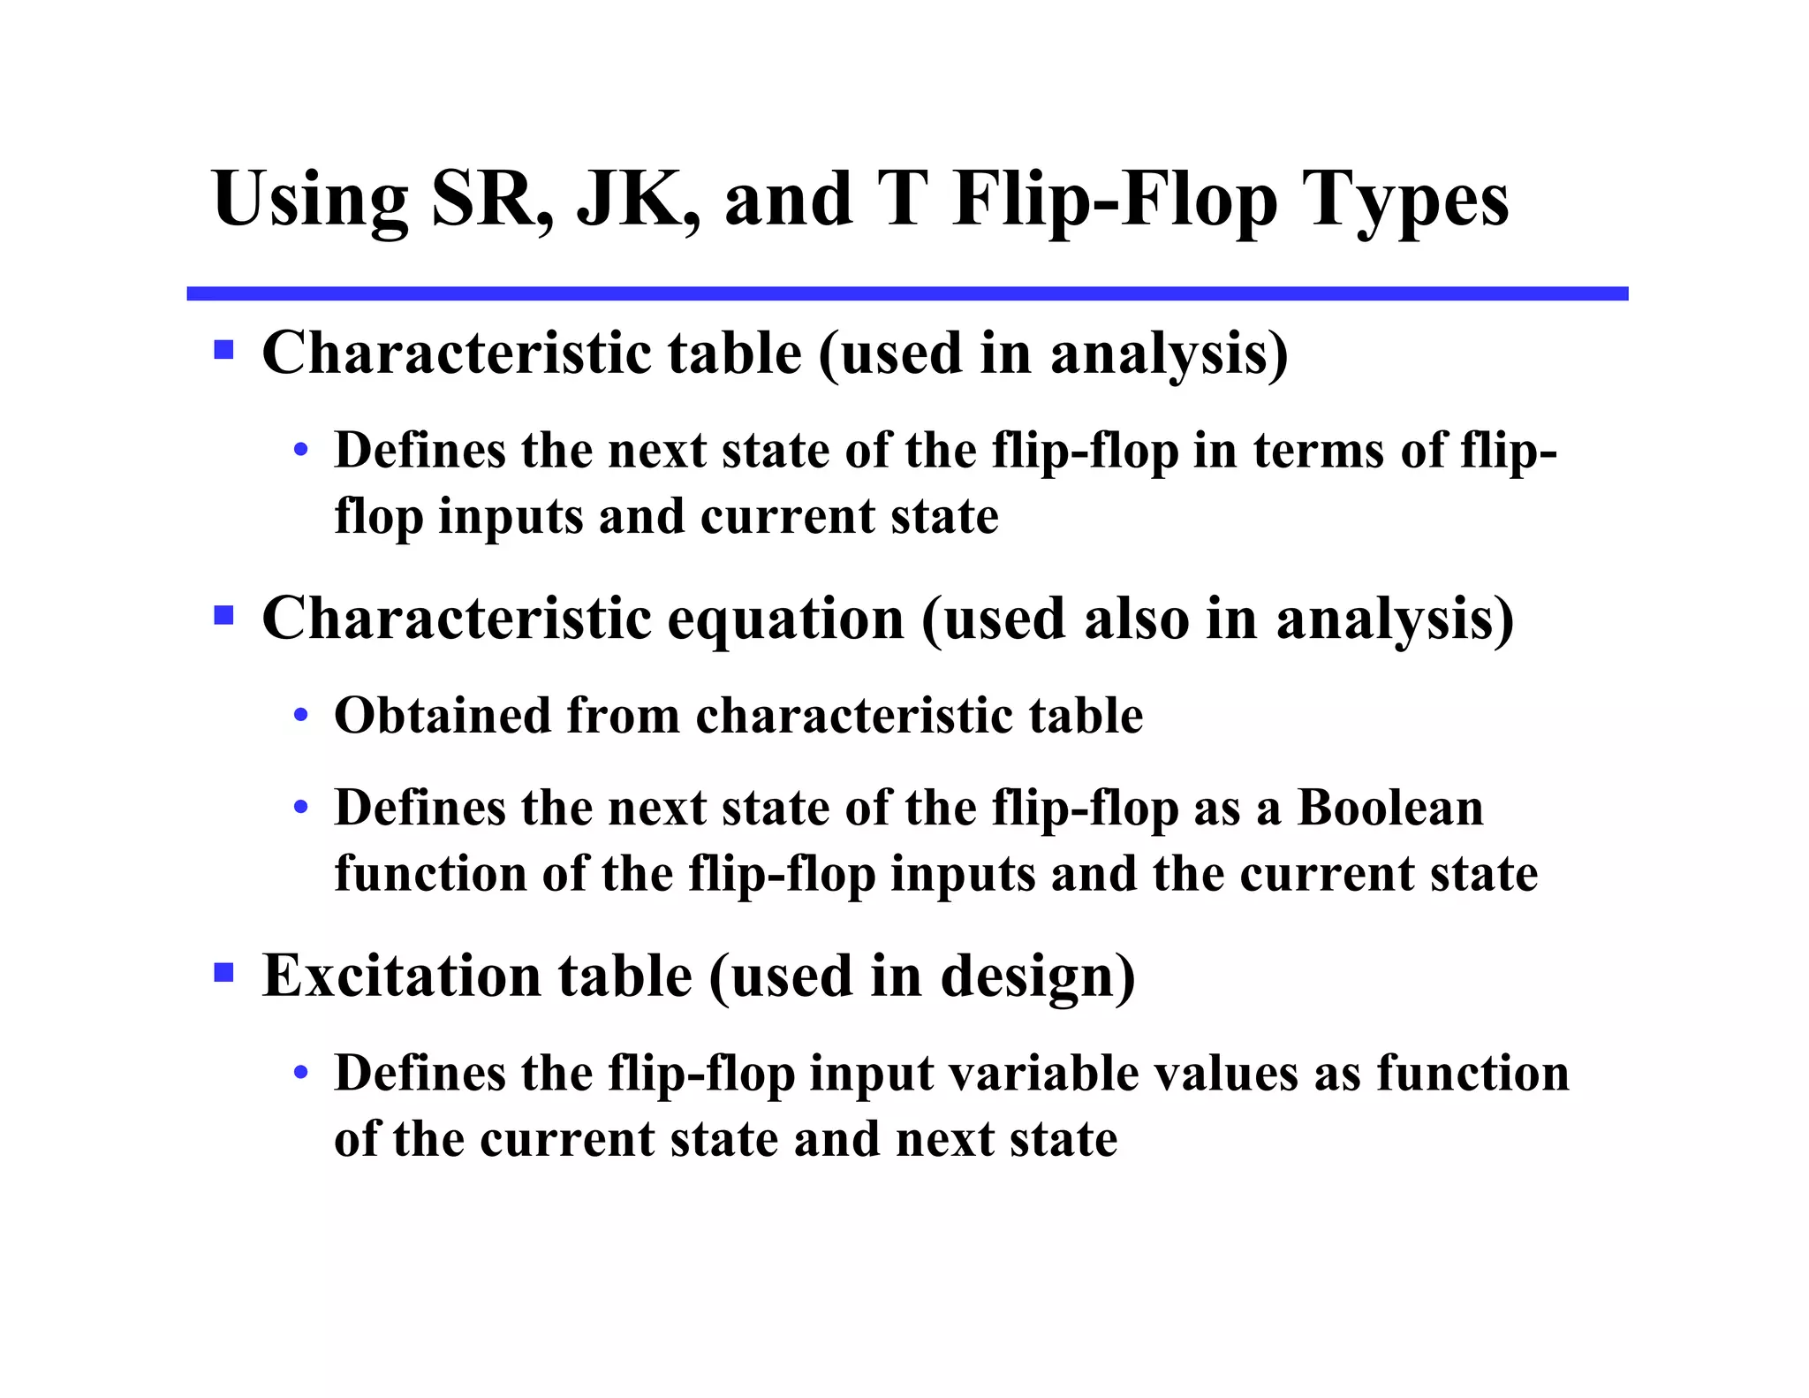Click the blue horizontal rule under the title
pyautogui.click(x=906, y=293)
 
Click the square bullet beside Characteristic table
pyautogui.click(x=223, y=350)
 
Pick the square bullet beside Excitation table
pyautogui.click(x=223, y=973)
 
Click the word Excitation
pyautogui.click(x=401, y=976)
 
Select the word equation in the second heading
pyautogui.click(x=785, y=619)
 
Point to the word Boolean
pyautogui.click(x=1389, y=808)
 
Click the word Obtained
pyautogui.click(x=442, y=715)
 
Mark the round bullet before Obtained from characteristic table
pyautogui.click(x=301, y=715)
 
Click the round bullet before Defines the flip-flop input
pyautogui.click(x=301, y=1073)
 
